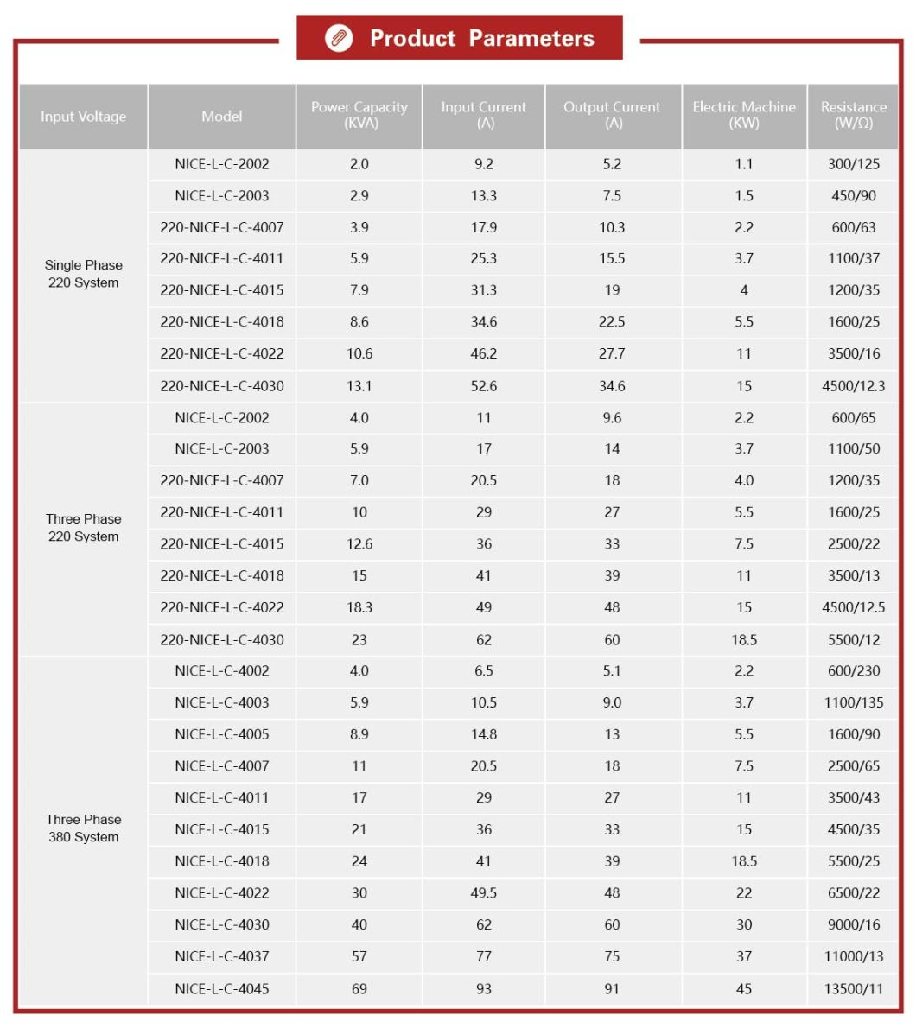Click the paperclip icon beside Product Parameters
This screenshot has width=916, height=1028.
tap(339, 39)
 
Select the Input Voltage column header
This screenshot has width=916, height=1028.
tap(83, 117)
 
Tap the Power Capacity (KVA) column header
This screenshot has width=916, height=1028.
tap(359, 116)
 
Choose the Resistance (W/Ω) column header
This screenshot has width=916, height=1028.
tap(853, 116)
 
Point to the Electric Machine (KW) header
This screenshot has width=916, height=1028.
tap(744, 116)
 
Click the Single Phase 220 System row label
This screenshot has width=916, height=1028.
tap(83, 274)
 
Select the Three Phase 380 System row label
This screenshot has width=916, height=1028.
tap(83, 828)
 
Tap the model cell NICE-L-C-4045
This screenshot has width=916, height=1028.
tap(222, 988)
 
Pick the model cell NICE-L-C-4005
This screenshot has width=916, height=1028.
tap(222, 734)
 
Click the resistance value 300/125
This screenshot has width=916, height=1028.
tap(853, 164)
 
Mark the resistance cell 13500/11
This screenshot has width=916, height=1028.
tap(853, 988)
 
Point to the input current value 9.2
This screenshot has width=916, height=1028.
tap(483, 164)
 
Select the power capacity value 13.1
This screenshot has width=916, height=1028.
tap(359, 386)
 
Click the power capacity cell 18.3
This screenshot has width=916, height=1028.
tap(359, 607)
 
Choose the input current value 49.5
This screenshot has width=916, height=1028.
tap(483, 893)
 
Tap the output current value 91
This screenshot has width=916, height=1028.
tap(612, 988)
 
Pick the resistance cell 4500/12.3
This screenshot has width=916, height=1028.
tap(853, 386)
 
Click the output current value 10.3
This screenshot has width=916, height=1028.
tap(612, 228)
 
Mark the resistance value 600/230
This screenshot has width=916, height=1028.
tap(853, 671)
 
